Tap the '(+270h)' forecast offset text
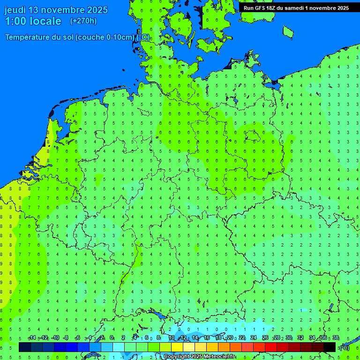point(83,21)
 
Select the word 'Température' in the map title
point(29,37)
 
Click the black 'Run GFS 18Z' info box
point(296,7)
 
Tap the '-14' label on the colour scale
point(32,338)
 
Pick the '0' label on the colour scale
point(112,338)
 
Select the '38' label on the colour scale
point(335,338)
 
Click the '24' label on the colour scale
point(254,338)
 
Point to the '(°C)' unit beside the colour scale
point(344,347)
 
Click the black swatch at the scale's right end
point(330,347)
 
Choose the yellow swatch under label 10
point(177,347)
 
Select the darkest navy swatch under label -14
point(25,347)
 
